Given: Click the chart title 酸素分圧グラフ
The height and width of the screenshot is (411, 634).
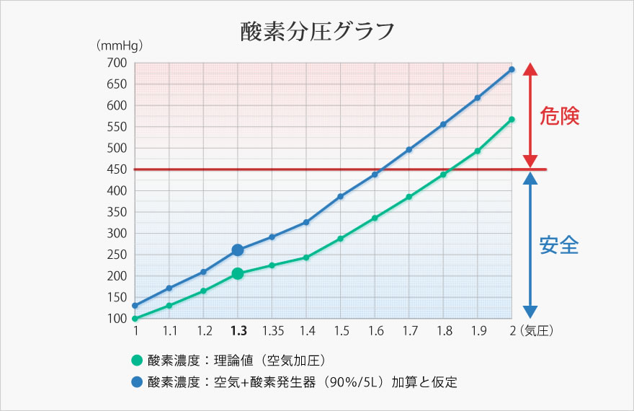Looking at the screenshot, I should click(x=317, y=31).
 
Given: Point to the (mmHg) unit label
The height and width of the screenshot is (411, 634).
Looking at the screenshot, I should click(x=120, y=45).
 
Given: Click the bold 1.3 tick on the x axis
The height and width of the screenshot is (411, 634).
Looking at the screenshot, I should click(x=238, y=331).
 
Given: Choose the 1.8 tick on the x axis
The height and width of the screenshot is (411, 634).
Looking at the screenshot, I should click(x=445, y=331).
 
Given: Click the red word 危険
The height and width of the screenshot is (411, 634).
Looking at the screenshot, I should click(x=559, y=117).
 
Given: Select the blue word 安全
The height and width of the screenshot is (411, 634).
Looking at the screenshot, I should click(x=559, y=245).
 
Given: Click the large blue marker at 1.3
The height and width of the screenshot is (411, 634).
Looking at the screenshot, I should click(x=238, y=250).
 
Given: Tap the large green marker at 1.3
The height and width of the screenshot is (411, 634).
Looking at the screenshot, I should click(x=238, y=273).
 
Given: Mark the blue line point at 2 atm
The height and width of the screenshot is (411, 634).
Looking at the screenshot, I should click(x=512, y=69).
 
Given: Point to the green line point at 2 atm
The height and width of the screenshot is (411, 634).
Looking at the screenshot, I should click(x=512, y=120).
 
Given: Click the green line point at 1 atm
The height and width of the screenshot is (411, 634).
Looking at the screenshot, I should click(x=135, y=318).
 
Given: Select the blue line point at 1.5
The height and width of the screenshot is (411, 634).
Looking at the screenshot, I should click(x=341, y=196).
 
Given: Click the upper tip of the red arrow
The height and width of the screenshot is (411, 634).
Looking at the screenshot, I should click(x=530, y=65).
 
